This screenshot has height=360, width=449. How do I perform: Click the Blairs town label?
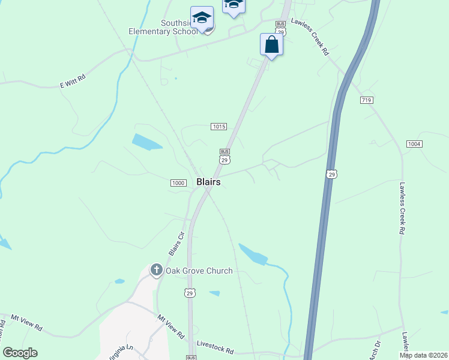[x=208, y=182]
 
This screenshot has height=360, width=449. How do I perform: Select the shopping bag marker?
[x=271, y=45]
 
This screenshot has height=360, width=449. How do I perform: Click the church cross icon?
[x=156, y=270]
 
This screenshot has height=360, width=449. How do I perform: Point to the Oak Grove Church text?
[x=199, y=271]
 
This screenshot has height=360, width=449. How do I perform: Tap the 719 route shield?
[x=367, y=100]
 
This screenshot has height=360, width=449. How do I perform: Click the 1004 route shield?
[x=414, y=144]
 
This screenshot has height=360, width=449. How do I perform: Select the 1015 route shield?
[x=218, y=126]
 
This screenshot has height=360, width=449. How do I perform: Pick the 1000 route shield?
[x=178, y=183]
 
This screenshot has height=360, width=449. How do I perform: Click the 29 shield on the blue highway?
[x=331, y=174]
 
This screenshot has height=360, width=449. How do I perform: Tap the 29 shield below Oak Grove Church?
[x=189, y=293]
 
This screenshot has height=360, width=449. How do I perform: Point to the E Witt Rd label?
[x=73, y=82]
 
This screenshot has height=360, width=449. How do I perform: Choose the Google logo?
[x=20, y=353]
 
